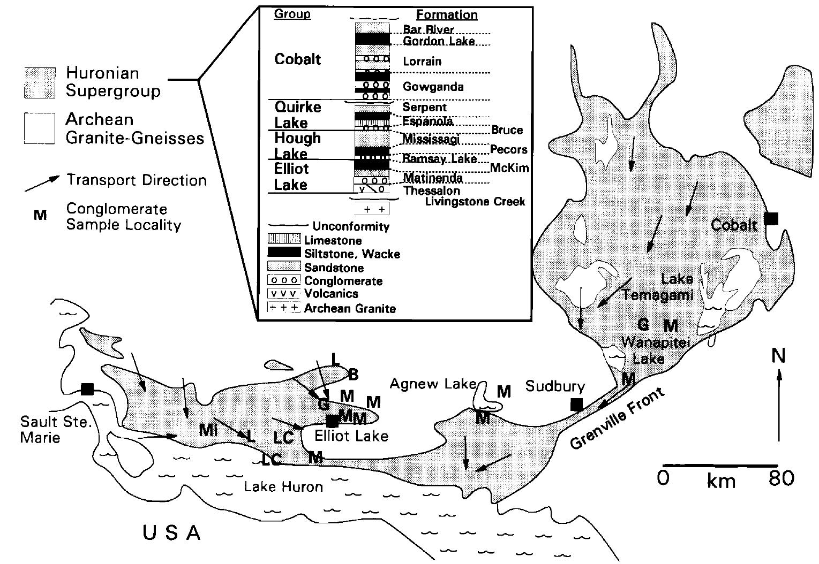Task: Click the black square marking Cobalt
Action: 771,218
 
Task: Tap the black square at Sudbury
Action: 576,405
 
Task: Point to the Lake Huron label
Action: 283,487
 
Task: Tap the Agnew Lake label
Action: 433,384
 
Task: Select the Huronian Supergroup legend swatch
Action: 40,82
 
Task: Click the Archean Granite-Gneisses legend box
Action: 40,128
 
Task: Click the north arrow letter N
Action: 778,356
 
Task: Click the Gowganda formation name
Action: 433,87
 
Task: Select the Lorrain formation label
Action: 422,62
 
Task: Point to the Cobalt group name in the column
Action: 297,59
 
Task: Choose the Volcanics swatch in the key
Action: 283,294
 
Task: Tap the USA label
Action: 171,533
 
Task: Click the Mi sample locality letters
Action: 208,429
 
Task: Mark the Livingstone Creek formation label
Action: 475,202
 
